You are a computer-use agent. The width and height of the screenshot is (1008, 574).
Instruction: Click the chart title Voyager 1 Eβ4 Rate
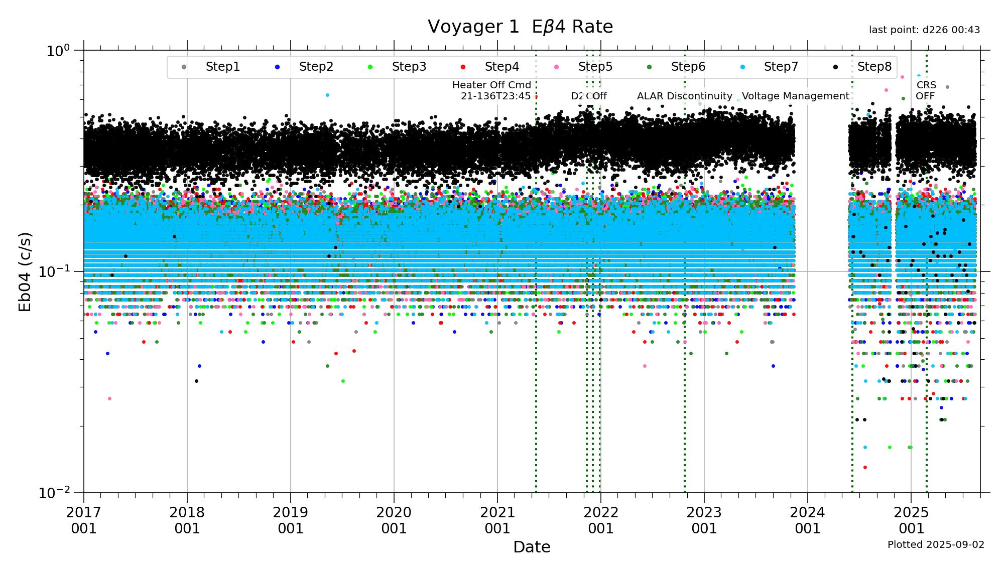[x=520, y=27]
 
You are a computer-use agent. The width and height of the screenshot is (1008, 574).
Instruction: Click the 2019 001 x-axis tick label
[x=291, y=520]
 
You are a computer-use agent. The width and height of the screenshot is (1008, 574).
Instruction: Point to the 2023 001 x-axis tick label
[x=704, y=520]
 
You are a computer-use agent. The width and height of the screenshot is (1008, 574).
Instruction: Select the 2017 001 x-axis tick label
[x=84, y=520]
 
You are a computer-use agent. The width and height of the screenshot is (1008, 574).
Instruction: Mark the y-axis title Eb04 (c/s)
[x=25, y=271]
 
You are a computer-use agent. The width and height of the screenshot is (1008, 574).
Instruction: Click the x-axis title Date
[x=532, y=547]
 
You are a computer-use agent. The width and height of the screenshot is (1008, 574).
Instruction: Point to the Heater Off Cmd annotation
[x=492, y=90]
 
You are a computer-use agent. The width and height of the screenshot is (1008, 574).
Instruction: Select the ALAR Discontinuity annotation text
[x=684, y=96]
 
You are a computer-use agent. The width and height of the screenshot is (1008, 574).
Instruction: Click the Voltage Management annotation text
[x=795, y=96]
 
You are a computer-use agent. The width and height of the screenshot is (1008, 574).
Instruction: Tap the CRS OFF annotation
[x=926, y=90]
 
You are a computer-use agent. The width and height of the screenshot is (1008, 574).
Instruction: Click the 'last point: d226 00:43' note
[x=924, y=30]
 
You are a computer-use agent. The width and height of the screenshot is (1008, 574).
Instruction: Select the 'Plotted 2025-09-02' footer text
[x=936, y=544]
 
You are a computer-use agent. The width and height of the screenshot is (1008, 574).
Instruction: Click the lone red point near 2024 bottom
[x=865, y=468]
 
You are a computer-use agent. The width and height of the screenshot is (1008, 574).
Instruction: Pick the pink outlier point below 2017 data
[x=109, y=399]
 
